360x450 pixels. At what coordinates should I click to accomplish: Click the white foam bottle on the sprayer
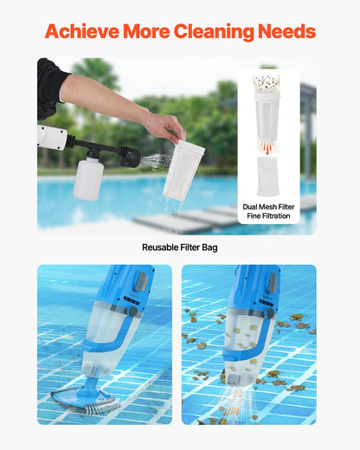pyautogui.click(x=88, y=178)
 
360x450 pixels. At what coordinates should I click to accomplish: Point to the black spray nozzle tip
pyautogui.click(x=132, y=157)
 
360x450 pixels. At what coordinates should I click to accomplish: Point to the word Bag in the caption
pyautogui.click(x=209, y=247)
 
